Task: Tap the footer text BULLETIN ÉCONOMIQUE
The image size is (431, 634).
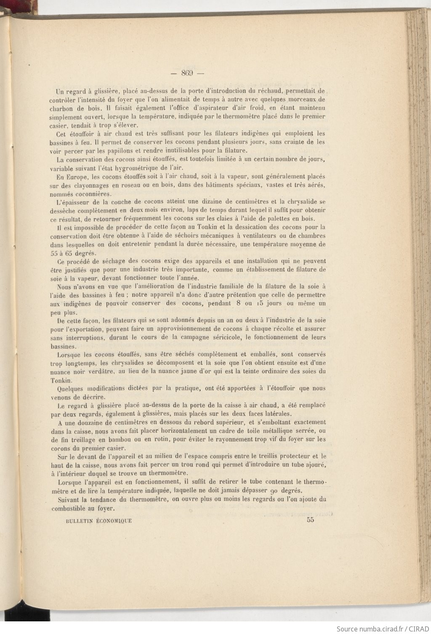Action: click(98, 521)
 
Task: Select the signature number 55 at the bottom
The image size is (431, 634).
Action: click(311, 520)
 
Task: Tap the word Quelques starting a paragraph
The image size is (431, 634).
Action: click(70, 388)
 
